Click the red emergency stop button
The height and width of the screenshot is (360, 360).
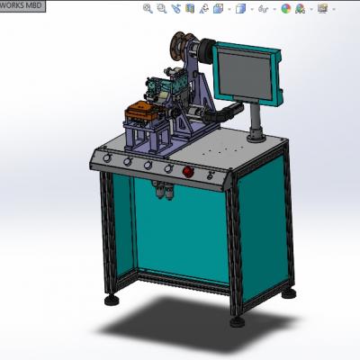pyautogui.click(x=188, y=171)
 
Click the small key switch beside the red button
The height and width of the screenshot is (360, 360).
pyautogui.click(x=211, y=175)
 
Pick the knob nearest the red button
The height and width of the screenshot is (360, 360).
pyautogui.click(x=168, y=168)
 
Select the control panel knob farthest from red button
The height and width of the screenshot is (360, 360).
pyautogui.click(x=106, y=157)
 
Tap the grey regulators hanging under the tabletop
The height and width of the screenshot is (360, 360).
pyautogui.click(x=164, y=190)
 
